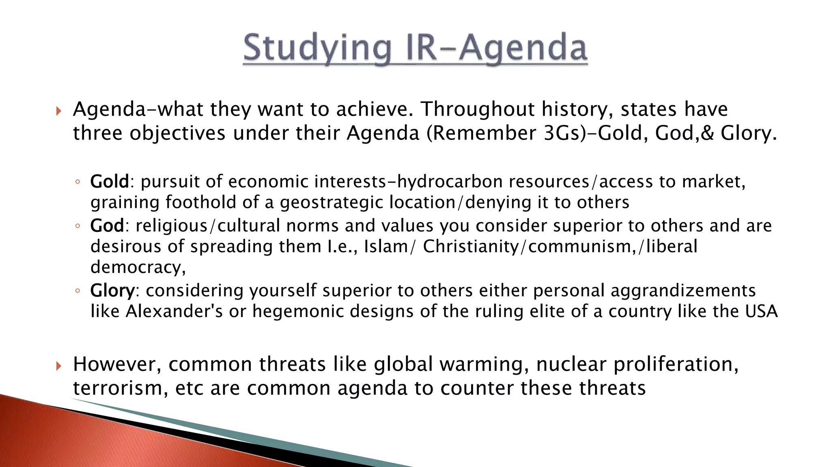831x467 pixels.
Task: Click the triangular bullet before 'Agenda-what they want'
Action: [x=59, y=111]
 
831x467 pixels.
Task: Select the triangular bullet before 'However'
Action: [x=59, y=366]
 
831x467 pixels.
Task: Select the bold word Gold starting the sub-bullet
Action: [x=109, y=182]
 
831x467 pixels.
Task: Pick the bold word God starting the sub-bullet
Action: [x=107, y=226]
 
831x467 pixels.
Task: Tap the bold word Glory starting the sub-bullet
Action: [x=112, y=291]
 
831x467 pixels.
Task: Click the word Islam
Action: [x=385, y=246]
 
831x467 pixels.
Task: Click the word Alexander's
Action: [x=174, y=311]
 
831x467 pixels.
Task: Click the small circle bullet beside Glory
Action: [x=78, y=291]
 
